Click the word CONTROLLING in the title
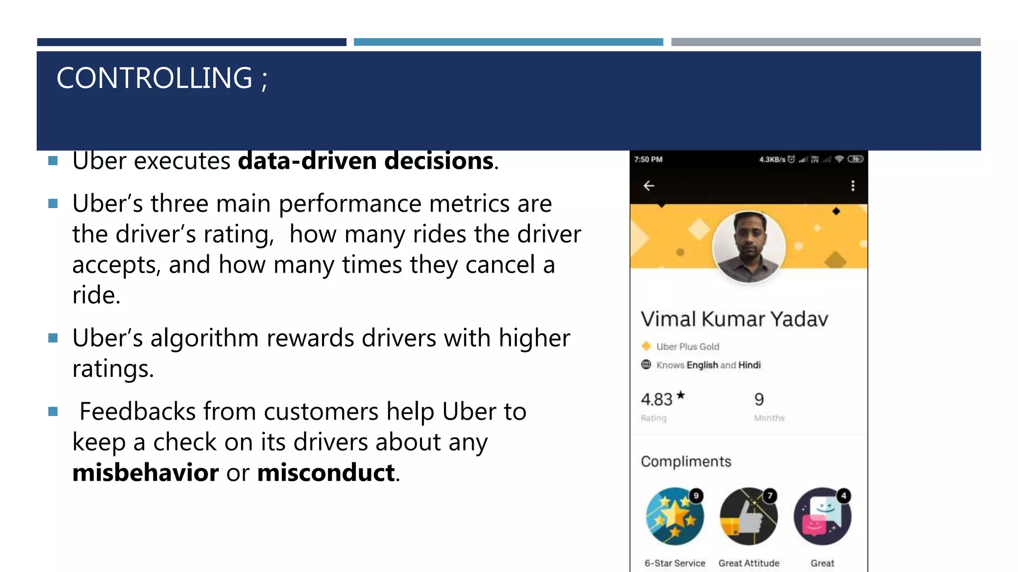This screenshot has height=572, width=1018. point(154,78)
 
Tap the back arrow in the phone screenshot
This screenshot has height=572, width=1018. point(649,186)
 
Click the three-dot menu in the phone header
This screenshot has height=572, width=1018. point(853,186)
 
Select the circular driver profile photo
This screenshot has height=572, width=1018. point(749,247)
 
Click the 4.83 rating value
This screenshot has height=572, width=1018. point(657,399)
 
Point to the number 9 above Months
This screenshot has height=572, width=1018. point(759,399)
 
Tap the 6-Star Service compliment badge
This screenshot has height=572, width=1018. point(675,516)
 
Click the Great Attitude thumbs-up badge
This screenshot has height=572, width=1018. point(749,516)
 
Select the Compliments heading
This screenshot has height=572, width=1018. point(686,461)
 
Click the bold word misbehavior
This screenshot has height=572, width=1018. point(145,472)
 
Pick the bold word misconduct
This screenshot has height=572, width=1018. point(326,472)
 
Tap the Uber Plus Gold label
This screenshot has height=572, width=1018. point(687,347)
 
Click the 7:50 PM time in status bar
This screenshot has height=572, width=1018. point(648,159)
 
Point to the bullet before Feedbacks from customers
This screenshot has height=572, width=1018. point(53,411)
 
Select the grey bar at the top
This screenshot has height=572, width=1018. point(826,42)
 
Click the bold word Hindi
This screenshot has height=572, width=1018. point(749,365)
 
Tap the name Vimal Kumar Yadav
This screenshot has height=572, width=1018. point(734,319)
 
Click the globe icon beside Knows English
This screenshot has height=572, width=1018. point(646,364)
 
